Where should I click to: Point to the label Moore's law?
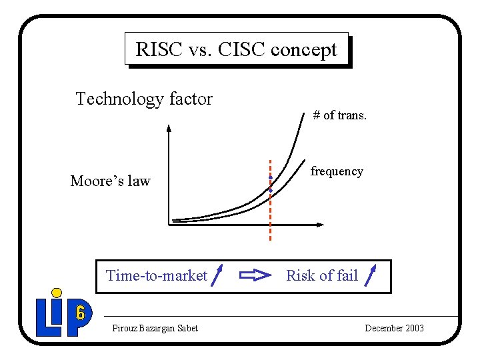[111, 181]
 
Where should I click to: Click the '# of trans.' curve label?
[339, 115]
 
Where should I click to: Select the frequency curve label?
[337, 171]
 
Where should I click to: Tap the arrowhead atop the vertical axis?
[169, 129]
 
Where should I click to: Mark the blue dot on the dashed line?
[270, 190]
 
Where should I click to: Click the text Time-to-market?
[157, 276]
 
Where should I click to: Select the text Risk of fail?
[322, 276]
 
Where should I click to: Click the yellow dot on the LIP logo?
[57, 293]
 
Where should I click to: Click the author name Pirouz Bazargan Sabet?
[155, 328]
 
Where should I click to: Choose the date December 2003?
[394, 328]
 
